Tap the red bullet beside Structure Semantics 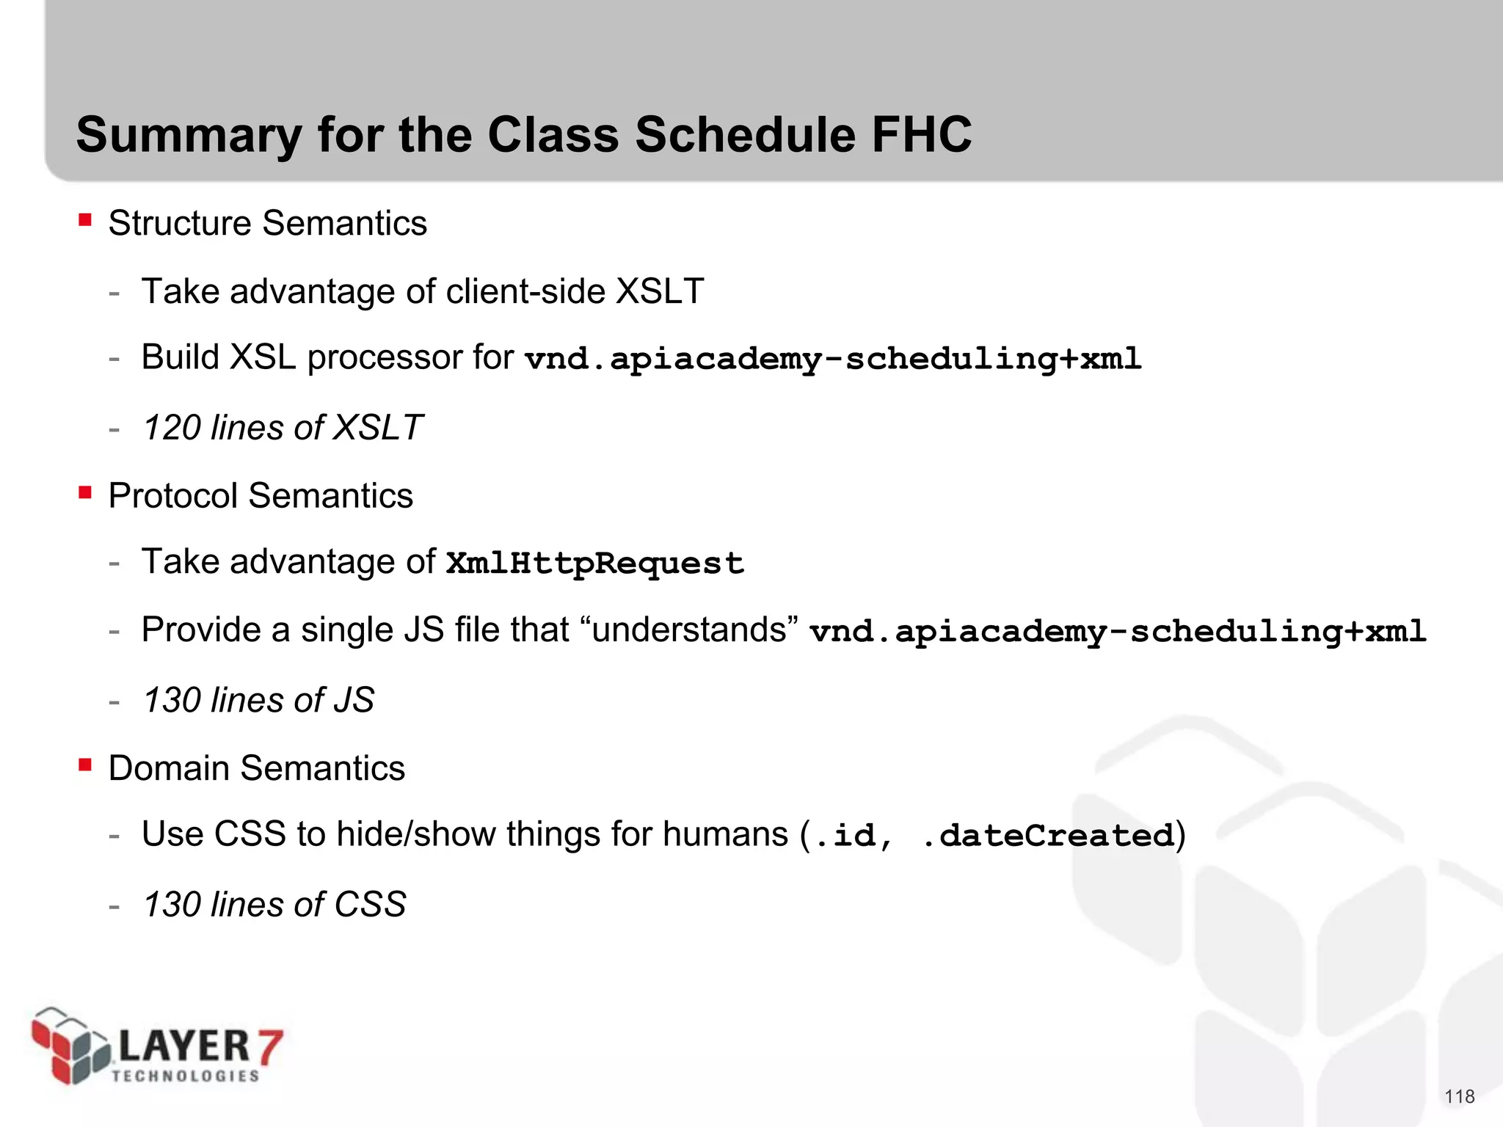pos(85,219)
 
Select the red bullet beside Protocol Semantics pos(85,492)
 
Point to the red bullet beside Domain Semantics pos(85,765)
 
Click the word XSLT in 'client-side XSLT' pos(660,291)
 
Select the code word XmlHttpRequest pos(595,563)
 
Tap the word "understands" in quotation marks pos(689,630)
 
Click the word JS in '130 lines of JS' pos(354,700)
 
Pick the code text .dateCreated pos(1048,836)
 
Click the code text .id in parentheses pos(844,836)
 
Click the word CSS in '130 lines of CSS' pos(370,904)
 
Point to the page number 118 pos(1459,1096)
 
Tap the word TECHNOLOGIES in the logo pos(186,1076)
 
